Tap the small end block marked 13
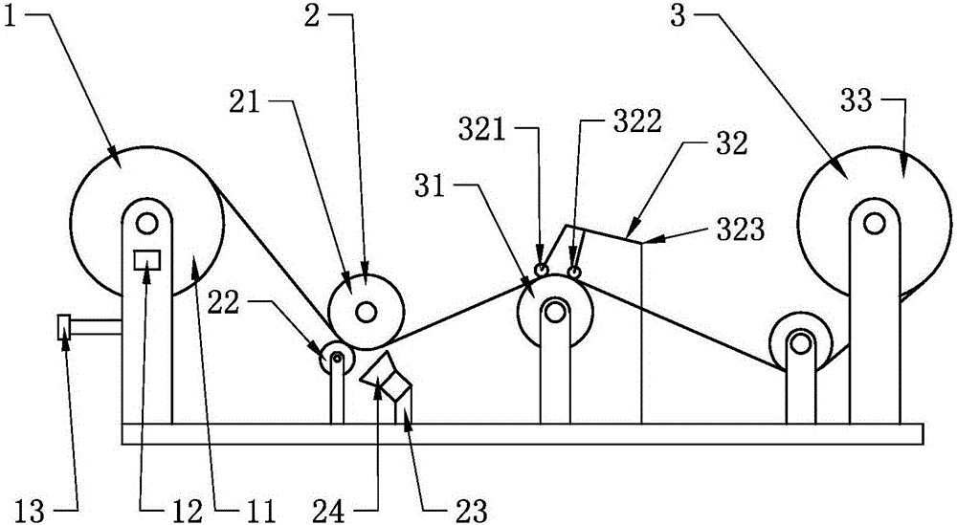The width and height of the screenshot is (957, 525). point(64,327)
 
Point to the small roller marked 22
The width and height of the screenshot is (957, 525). point(336,359)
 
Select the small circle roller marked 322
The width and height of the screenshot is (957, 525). point(574,273)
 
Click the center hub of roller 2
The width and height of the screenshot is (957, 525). point(366,312)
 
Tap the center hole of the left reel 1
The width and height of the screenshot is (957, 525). point(146,224)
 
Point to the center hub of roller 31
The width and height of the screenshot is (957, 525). point(554,310)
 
